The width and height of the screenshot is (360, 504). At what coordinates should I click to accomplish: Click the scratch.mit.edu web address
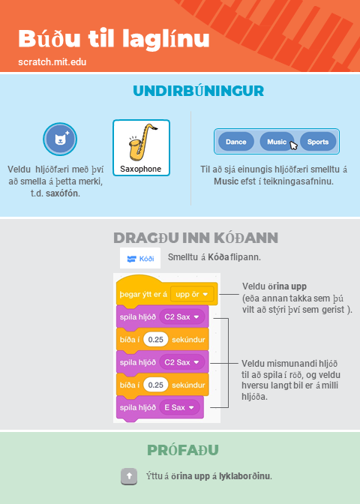(x=52, y=61)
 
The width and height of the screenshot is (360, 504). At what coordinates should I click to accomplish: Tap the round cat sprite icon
(x=60, y=139)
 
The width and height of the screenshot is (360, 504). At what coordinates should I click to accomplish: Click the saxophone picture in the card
(x=142, y=142)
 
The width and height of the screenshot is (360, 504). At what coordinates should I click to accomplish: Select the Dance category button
(x=236, y=142)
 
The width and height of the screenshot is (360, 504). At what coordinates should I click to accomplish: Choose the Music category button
(x=277, y=142)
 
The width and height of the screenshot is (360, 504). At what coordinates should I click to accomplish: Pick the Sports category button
(x=318, y=142)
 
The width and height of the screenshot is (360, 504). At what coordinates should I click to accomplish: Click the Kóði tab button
(x=140, y=258)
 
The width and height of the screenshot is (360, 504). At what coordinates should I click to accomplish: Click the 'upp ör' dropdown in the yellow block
(x=192, y=294)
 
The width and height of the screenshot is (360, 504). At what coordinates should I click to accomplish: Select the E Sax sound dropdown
(x=180, y=407)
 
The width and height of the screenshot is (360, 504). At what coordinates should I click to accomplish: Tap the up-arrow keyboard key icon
(x=129, y=476)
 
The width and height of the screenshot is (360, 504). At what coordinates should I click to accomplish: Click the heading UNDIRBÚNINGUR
(x=199, y=91)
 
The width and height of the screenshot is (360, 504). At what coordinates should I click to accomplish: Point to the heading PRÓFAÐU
(x=183, y=450)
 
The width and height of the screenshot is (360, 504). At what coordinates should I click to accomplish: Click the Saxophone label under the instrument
(x=141, y=169)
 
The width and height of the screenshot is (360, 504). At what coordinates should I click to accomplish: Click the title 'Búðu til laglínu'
(x=114, y=39)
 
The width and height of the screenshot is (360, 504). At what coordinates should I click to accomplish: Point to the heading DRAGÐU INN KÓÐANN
(x=196, y=238)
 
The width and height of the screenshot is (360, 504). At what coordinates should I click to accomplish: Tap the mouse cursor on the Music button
(x=293, y=145)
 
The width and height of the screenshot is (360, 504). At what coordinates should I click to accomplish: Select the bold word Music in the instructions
(x=226, y=181)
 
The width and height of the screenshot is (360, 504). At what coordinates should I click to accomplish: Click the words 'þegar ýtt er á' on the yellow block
(x=143, y=295)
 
